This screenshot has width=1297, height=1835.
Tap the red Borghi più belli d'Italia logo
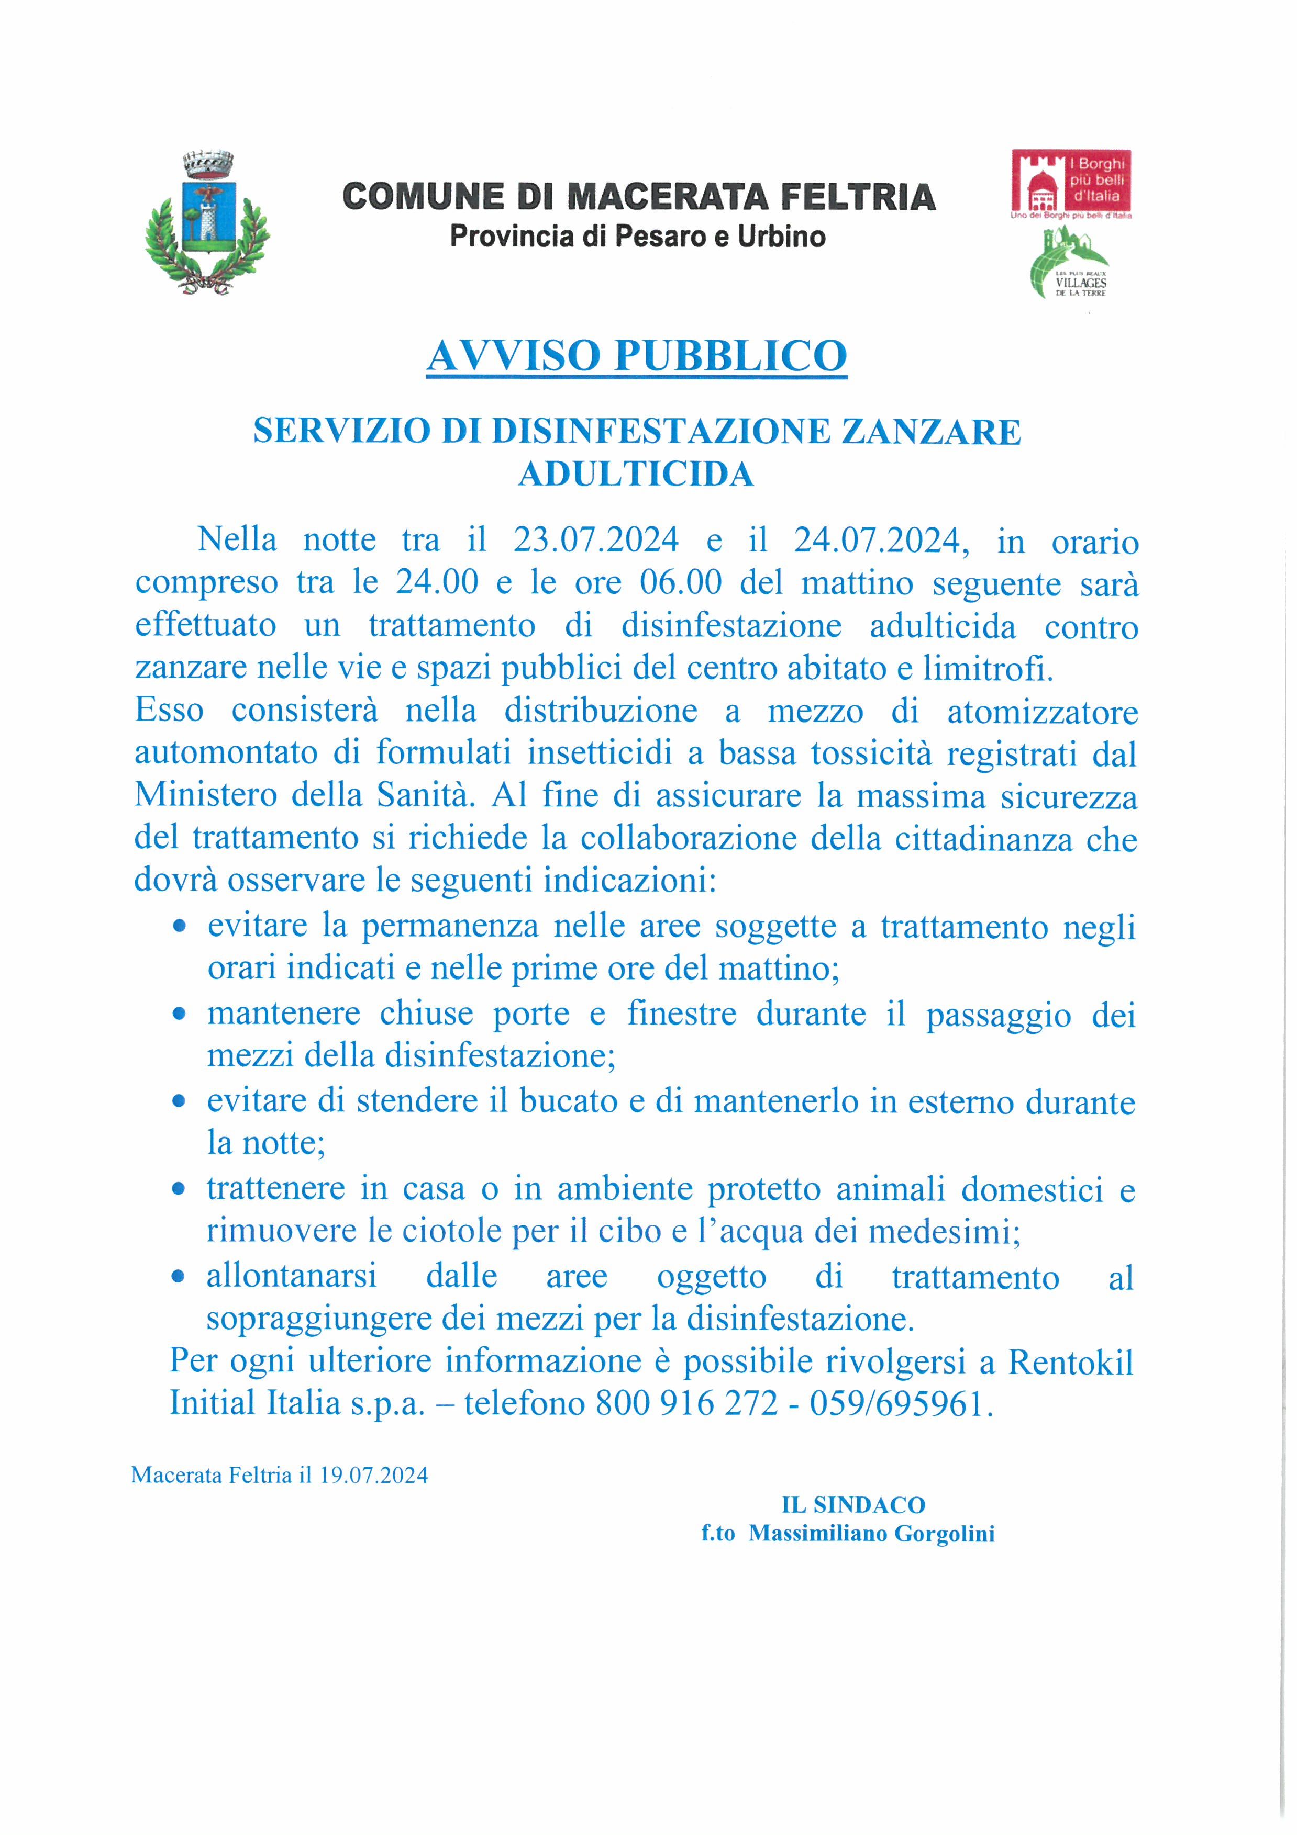click(1071, 182)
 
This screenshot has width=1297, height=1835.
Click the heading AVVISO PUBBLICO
click(637, 356)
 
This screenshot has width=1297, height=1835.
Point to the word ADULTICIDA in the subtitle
click(637, 474)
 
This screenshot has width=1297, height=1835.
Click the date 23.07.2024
click(596, 541)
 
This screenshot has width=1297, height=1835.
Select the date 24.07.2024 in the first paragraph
click(877, 541)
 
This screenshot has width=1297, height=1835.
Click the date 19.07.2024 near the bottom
click(373, 1474)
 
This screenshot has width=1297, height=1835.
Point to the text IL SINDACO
click(852, 1505)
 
